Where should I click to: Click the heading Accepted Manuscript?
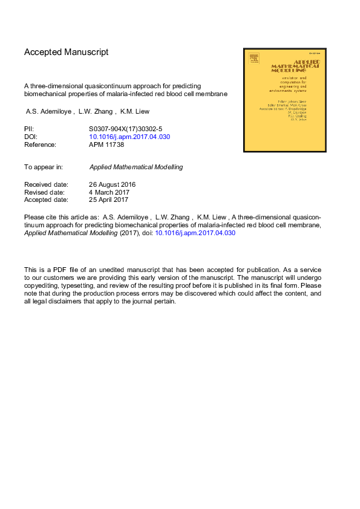click(x=67, y=53)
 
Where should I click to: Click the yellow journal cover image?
click(x=284, y=100)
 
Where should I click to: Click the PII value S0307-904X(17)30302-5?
click(x=125, y=129)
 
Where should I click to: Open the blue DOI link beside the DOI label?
click(x=129, y=137)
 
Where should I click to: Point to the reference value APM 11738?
click(x=106, y=144)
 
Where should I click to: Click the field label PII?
click(x=29, y=129)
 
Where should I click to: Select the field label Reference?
click(x=40, y=144)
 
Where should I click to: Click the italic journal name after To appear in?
click(x=136, y=167)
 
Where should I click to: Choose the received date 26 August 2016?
click(x=112, y=184)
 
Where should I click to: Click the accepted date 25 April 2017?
click(x=108, y=199)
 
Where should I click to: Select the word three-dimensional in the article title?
click(x=64, y=86)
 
